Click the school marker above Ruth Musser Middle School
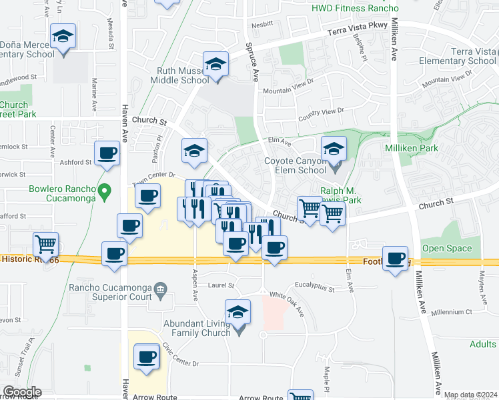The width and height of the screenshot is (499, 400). point(215,65)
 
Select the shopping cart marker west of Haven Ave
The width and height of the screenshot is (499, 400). point(45,245)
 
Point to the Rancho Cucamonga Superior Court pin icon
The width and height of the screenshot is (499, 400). point(160,289)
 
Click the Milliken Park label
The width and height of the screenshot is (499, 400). point(412,148)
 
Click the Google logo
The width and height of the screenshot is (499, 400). point(21,392)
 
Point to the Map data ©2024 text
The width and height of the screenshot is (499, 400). point(470,395)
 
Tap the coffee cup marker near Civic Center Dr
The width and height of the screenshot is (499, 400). point(147,357)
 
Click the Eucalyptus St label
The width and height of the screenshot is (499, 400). point(313,287)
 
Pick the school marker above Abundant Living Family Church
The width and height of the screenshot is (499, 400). point(238,313)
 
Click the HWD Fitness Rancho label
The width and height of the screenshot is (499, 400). point(355,9)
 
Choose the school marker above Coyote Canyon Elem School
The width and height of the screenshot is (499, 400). point(334,149)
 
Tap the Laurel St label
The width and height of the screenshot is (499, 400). point(222,285)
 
